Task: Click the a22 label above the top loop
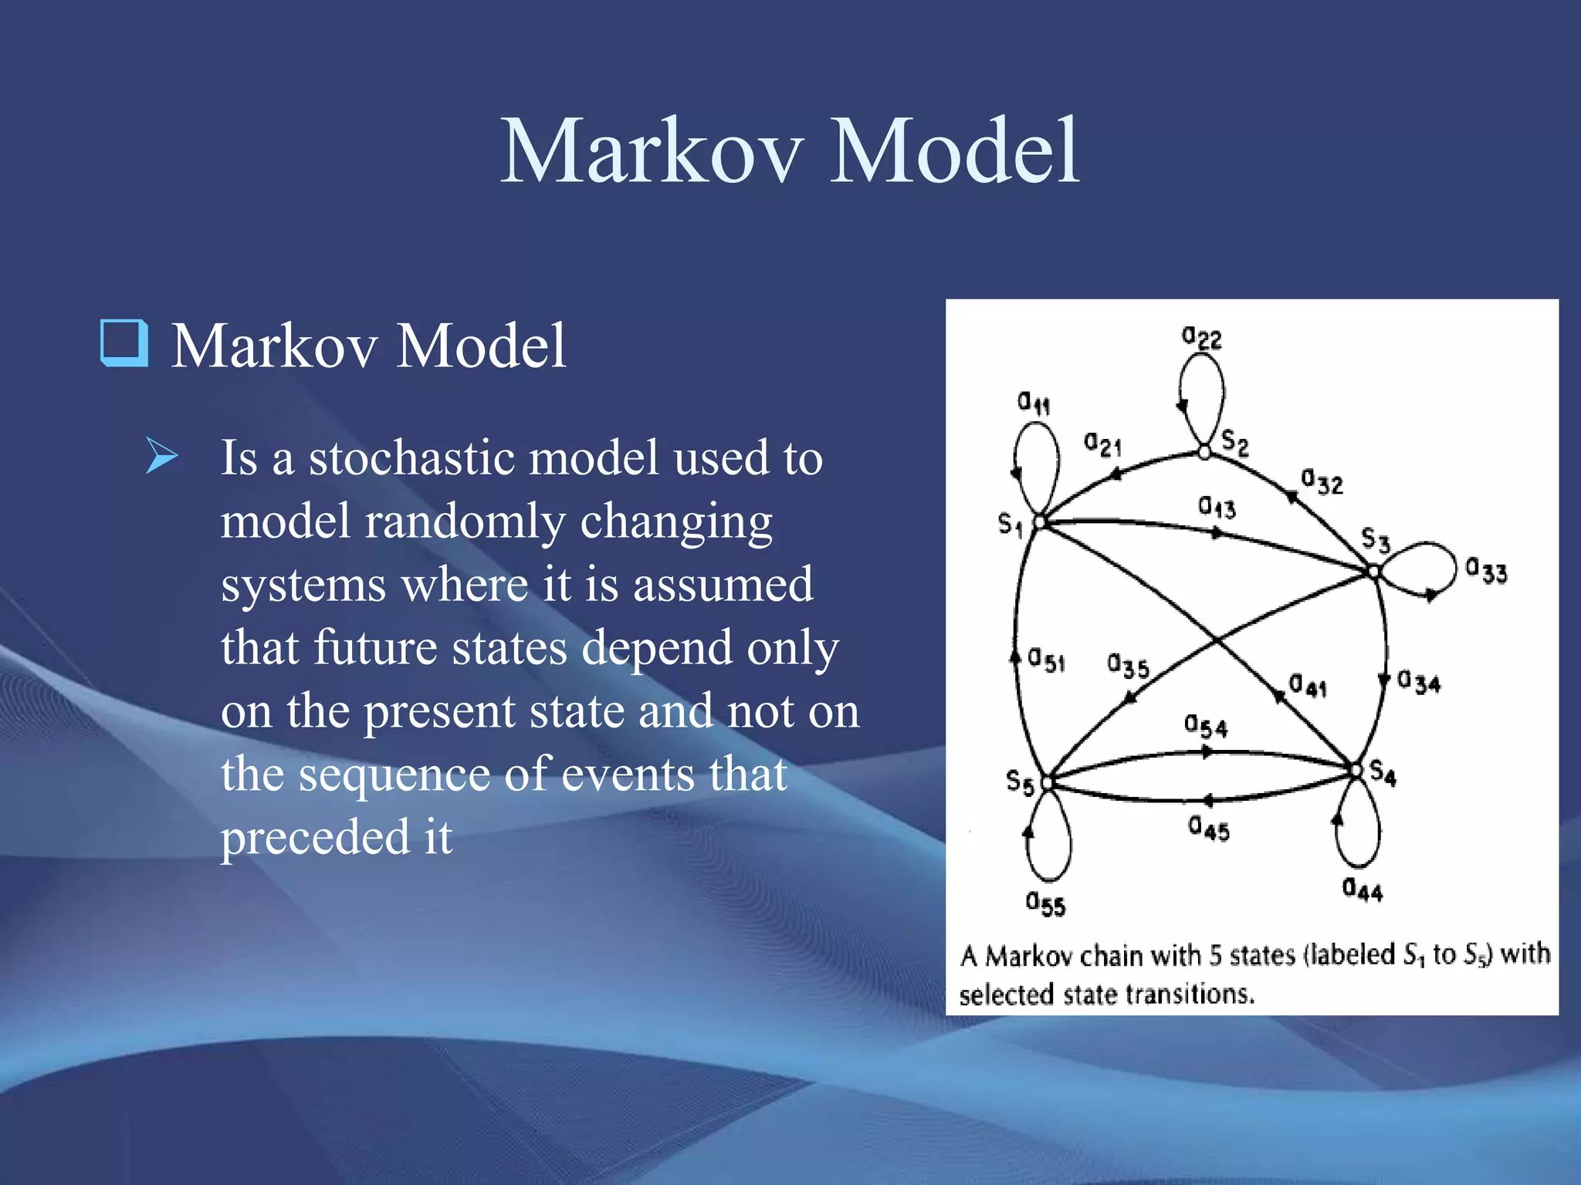point(1201,338)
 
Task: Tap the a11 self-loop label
point(1034,402)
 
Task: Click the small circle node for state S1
point(1040,522)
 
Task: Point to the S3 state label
point(1375,538)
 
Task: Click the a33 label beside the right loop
point(1486,571)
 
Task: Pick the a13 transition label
point(1217,507)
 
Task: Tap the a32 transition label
point(1322,481)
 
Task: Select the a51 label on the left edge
point(1047,660)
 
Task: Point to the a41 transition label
point(1308,685)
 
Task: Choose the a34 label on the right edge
point(1419,682)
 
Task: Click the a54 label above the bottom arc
point(1205,726)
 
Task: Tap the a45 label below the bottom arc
point(1208,829)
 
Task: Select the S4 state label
point(1383,773)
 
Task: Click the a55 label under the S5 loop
point(1045,903)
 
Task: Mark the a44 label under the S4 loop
point(1363,890)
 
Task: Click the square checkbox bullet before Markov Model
point(124,343)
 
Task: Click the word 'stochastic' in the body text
point(411,457)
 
